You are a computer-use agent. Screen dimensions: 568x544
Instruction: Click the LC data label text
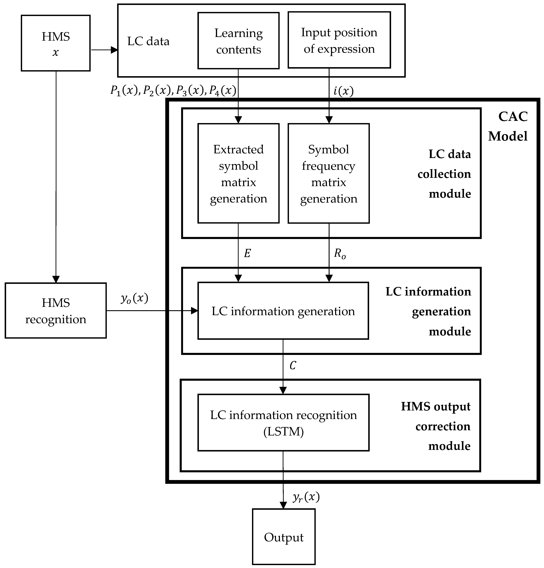[148, 42]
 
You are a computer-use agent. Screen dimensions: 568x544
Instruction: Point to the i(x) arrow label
[343, 91]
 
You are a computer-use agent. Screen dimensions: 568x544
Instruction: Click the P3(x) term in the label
[190, 91]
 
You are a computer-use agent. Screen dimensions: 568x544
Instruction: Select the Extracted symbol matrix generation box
[238, 173]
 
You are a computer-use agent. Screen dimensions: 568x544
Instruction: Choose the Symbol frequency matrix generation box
[329, 173]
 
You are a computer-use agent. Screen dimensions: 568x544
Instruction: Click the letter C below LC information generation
[293, 366]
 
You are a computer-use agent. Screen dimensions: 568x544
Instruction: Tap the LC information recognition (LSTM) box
[283, 423]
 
